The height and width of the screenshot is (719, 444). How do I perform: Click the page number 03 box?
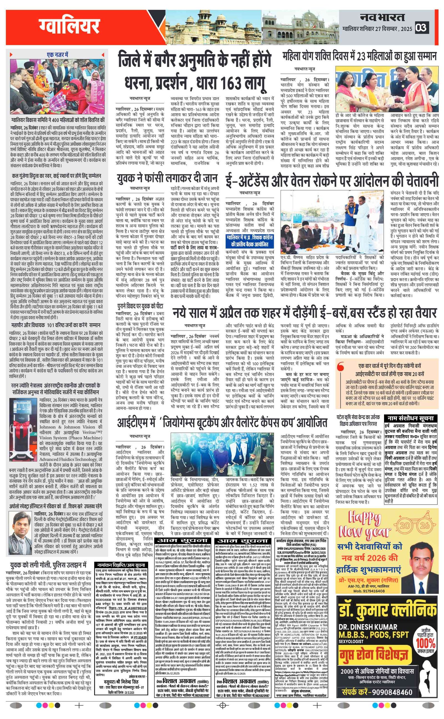point(421,28)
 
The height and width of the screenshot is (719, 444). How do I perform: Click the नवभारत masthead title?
point(382,17)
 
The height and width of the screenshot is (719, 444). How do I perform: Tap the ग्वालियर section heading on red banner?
point(70,27)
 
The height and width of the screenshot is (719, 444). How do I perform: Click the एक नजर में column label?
point(57,55)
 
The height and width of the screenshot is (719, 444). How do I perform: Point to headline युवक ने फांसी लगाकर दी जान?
point(167,178)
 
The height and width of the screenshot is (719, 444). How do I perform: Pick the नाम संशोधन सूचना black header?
point(410,418)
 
